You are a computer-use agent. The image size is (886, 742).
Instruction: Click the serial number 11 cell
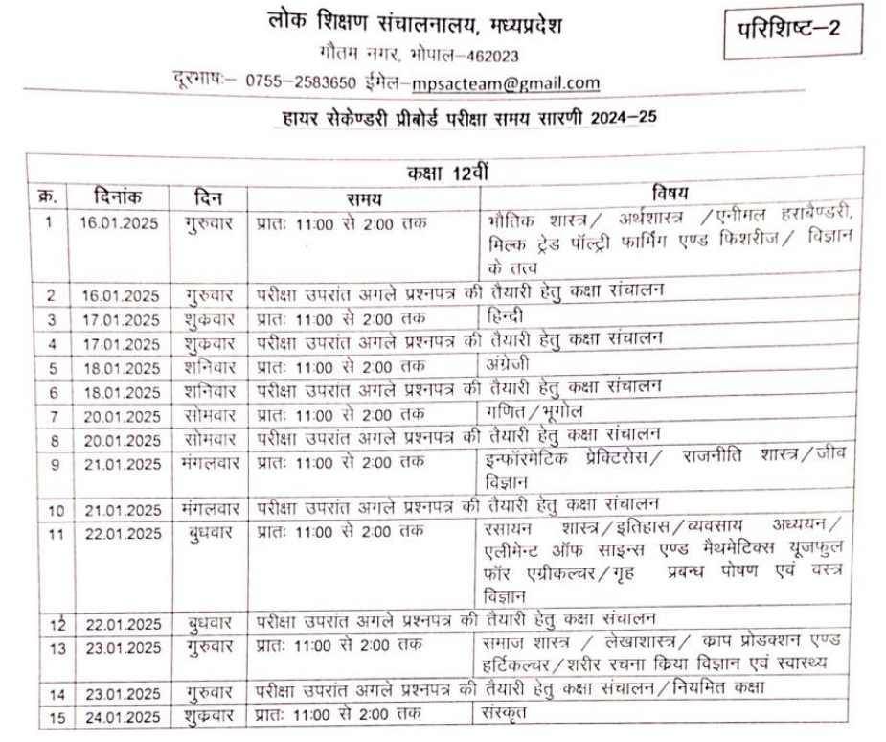50,534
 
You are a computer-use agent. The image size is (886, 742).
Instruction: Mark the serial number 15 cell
50,715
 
